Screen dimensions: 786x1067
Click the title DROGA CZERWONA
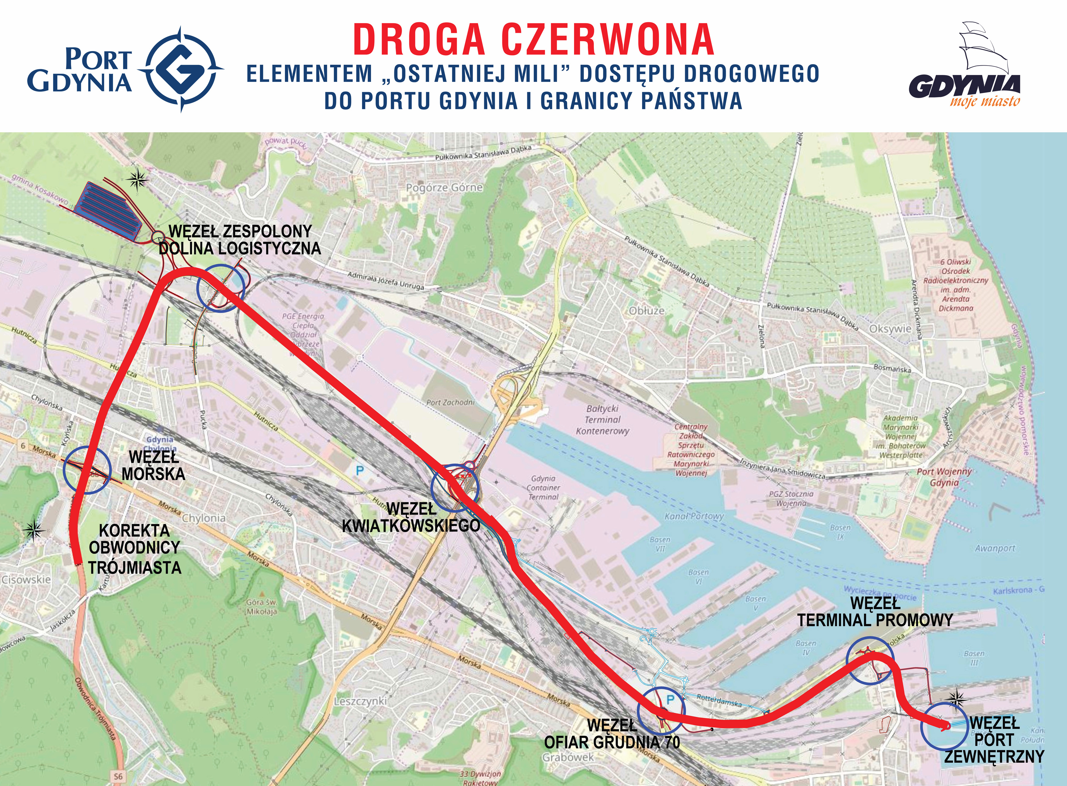click(x=533, y=40)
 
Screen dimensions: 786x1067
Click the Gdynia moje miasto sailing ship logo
click(x=964, y=67)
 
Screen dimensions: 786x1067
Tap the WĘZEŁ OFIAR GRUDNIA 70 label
click(x=612, y=734)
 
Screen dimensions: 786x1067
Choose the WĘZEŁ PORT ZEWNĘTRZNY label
click(x=994, y=740)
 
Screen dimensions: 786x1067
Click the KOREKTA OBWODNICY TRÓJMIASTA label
click(x=135, y=549)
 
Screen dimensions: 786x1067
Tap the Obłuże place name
click(x=647, y=311)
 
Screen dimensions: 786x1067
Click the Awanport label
click(x=995, y=548)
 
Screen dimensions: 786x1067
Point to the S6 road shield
click(x=118, y=776)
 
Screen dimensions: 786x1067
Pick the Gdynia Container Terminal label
click(x=543, y=488)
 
